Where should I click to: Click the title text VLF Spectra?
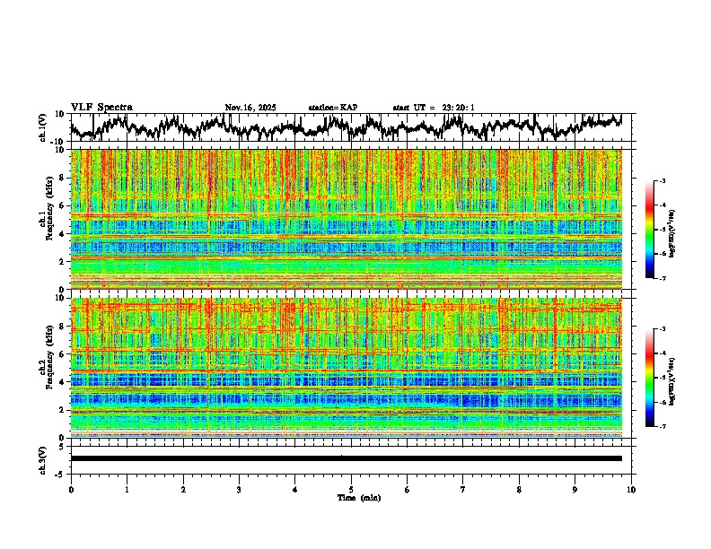(101, 108)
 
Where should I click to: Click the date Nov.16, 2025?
(250, 108)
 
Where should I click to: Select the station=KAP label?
(332, 108)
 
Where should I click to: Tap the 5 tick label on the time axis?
(351, 489)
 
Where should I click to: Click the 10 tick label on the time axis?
(631, 489)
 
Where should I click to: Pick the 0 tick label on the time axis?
(71, 489)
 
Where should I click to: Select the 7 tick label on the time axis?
(463, 489)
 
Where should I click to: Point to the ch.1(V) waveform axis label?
(43, 127)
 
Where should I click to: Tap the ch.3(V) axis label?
(43, 458)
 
